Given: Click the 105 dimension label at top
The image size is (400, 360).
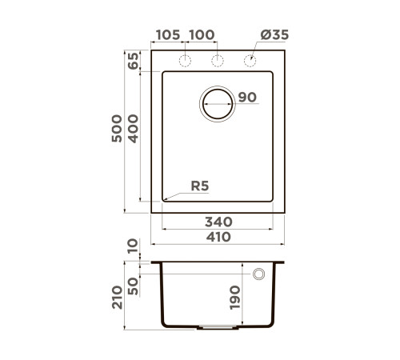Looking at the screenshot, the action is (x=168, y=35).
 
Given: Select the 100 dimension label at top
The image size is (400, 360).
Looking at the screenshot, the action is (x=202, y=35).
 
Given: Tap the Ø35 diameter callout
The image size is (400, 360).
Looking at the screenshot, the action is (x=274, y=35).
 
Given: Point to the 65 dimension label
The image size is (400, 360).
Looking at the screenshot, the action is (x=134, y=61).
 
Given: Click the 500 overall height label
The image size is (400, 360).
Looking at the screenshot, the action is (x=117, y=129).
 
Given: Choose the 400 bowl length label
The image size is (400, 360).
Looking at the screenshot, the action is (x=134, y=129).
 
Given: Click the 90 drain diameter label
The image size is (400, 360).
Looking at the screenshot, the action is (x=247, y=98).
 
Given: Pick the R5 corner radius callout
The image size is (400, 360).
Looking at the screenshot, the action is (x=200, y=186).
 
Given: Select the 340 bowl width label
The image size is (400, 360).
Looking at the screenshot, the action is (x=218, y=222).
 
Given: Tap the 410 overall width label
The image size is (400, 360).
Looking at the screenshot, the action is (x=218, y=237).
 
